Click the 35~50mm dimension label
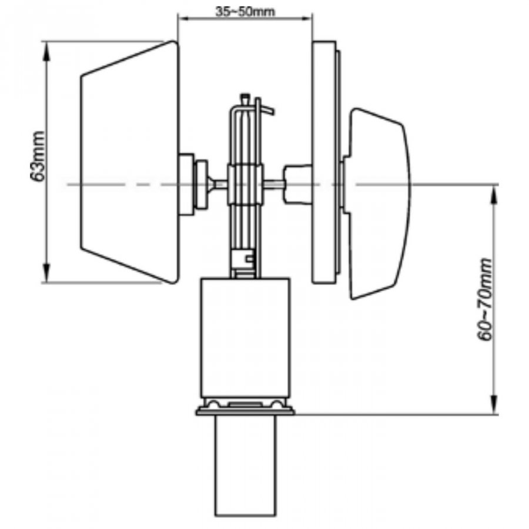(245, 12)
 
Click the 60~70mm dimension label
(485, 300)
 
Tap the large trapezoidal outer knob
(129, 162)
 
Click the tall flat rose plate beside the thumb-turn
(324, 162)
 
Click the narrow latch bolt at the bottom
(246, 466)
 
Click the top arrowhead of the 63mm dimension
(47, 51)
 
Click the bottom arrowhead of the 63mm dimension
(47, 273)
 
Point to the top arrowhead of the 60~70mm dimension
(494, 195)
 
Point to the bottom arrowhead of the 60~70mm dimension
(494, 405)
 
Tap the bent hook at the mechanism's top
(266, 110)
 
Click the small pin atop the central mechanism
(245, 99)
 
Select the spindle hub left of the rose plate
(297, 185)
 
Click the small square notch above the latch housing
(250, 259)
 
